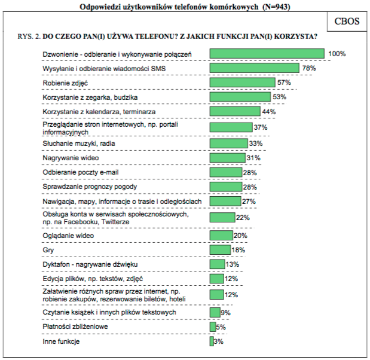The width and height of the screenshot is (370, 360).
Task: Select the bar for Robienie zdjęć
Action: point(242,83)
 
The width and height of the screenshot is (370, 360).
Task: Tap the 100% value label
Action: point(337,54)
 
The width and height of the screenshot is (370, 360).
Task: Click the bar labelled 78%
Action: point(255,68)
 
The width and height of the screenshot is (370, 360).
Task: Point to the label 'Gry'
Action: point(48,249)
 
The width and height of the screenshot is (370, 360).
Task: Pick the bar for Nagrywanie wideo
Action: point(228,158)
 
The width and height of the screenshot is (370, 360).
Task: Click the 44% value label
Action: point(268,112)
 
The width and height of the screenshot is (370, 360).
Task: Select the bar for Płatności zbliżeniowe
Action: point(212,327)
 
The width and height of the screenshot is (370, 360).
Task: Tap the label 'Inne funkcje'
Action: point(61,342)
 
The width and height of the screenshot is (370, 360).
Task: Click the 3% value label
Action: point(218,342)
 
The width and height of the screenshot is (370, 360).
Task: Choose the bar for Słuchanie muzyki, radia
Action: point(228,144)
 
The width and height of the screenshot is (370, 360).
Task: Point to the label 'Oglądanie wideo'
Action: point(68,236)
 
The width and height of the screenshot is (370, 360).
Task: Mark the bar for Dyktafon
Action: point(217,264)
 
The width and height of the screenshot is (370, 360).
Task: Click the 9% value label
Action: point(225,312)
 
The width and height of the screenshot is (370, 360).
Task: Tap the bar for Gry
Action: point(219,249)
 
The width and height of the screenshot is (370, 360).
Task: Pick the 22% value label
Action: point(242,218)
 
